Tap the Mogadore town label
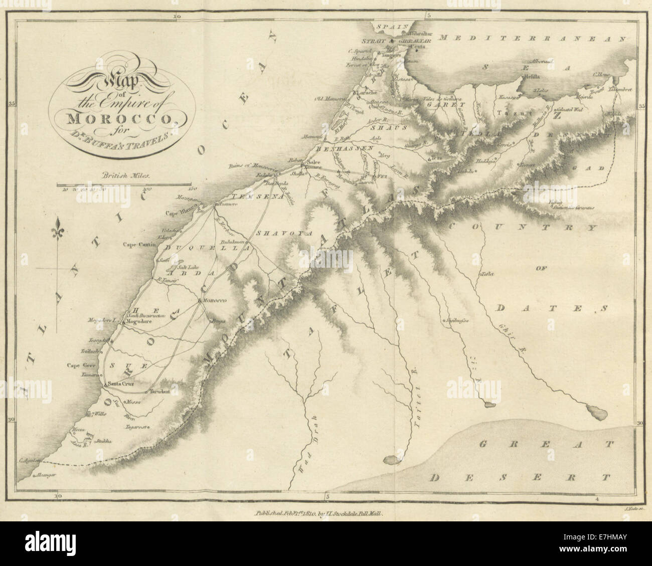(138, 322)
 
